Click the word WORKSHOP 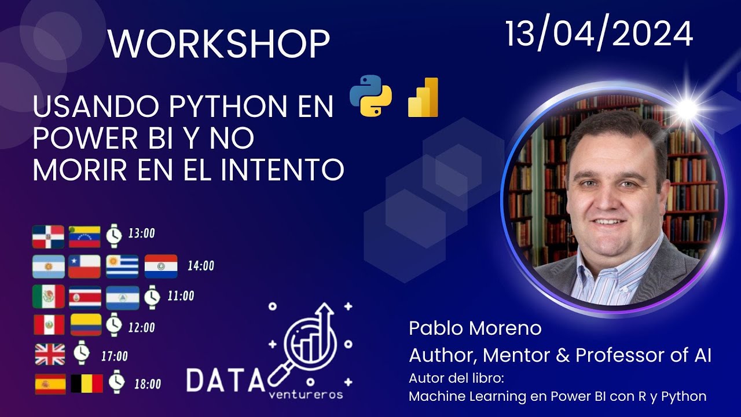click(x=218, y=44)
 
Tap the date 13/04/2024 click(x=599, y=34)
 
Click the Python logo click(x=370, y=96)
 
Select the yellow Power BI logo click(x=423, y=97)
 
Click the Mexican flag click(x=48, y=297)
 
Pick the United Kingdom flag click(x=50, y=354)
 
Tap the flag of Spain click(x=50, y=383)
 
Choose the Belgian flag click(x=87, y=383)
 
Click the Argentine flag click(x=48, y=266)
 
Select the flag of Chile click(x=85, y=266)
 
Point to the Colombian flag click(x=86, y=325)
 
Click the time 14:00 click(x=200, y=266)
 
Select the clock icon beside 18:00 click(x=117, y=381)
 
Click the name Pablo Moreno click(x=475, y=328)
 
